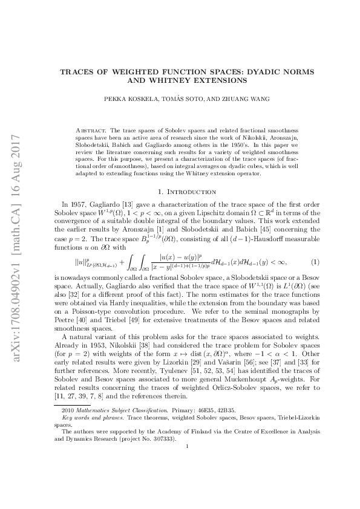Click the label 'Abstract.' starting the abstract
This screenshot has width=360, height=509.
pyautogui.click(x=93, y=130)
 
